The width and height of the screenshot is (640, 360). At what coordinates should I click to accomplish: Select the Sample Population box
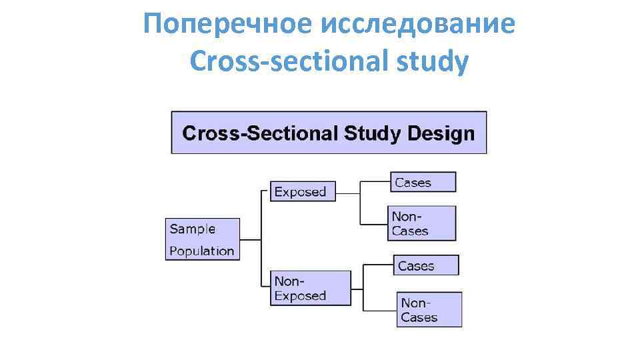click(203, 239)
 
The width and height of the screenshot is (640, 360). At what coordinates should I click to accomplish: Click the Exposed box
click(302, 191)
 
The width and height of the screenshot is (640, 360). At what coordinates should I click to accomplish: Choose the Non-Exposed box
click(310, 288)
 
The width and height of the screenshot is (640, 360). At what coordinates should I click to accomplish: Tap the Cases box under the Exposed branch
click(423, 182)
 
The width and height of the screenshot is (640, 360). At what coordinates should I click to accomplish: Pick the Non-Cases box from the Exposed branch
click(422, 223)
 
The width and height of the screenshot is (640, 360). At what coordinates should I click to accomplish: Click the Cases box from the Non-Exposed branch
click(426, 265)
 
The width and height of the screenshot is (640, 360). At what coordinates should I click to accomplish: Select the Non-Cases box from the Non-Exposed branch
click(429, 309)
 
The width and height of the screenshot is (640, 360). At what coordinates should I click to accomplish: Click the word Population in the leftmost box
click(202, 251)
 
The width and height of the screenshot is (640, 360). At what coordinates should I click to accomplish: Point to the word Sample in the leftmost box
click(193, 229)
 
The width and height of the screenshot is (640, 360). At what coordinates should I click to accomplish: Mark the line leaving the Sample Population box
click(250, 239)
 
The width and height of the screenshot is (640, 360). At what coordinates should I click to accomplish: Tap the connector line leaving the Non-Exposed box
click(357, 289)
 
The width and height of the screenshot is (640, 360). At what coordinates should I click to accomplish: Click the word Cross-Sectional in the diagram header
click(261, 133)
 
